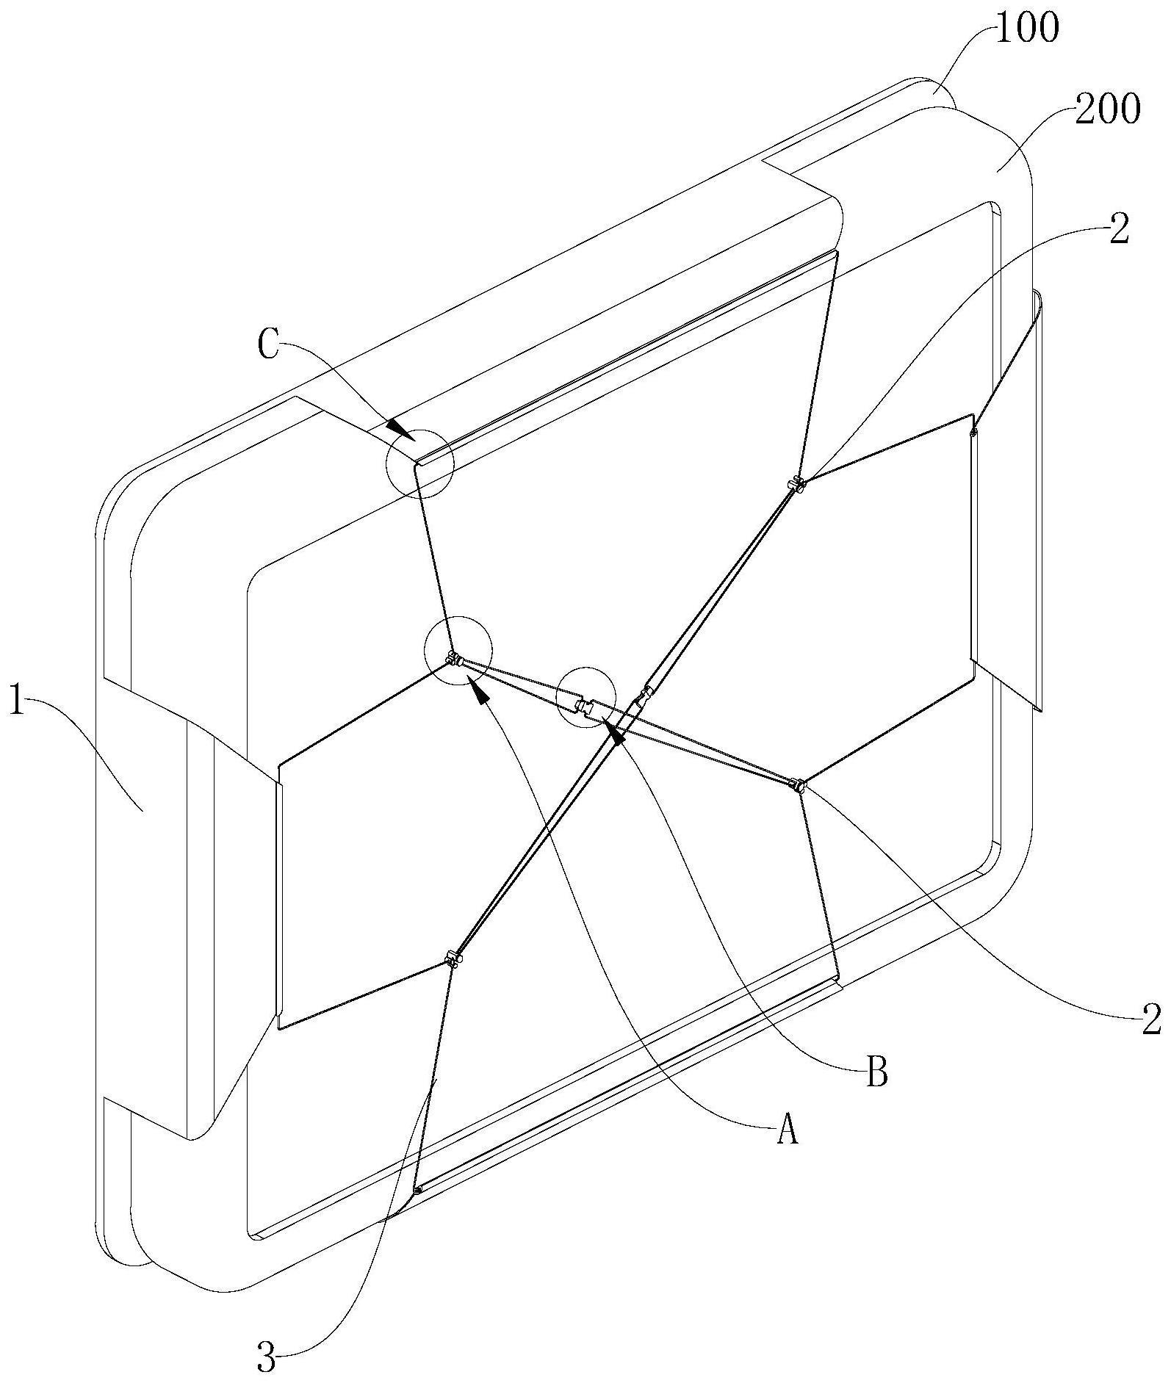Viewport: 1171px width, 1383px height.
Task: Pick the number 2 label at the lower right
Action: pyautogui.click(x=1151, y=1020)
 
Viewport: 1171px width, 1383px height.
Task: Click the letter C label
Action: pyautogui.click(x=270, y=347)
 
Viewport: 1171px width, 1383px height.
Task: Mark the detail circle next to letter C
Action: pyautogui.click(x=420, y=462)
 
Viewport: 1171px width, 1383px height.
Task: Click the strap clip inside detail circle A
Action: pyautogui.click(x=454, y=659)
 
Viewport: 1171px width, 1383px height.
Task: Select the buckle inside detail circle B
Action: pyautogui.click(x=585, y=707)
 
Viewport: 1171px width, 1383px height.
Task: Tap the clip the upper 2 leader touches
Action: pyautogui.click(x=796, y=484)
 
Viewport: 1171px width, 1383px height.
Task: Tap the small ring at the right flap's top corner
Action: pyautogui.click(x=974, y=433)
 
